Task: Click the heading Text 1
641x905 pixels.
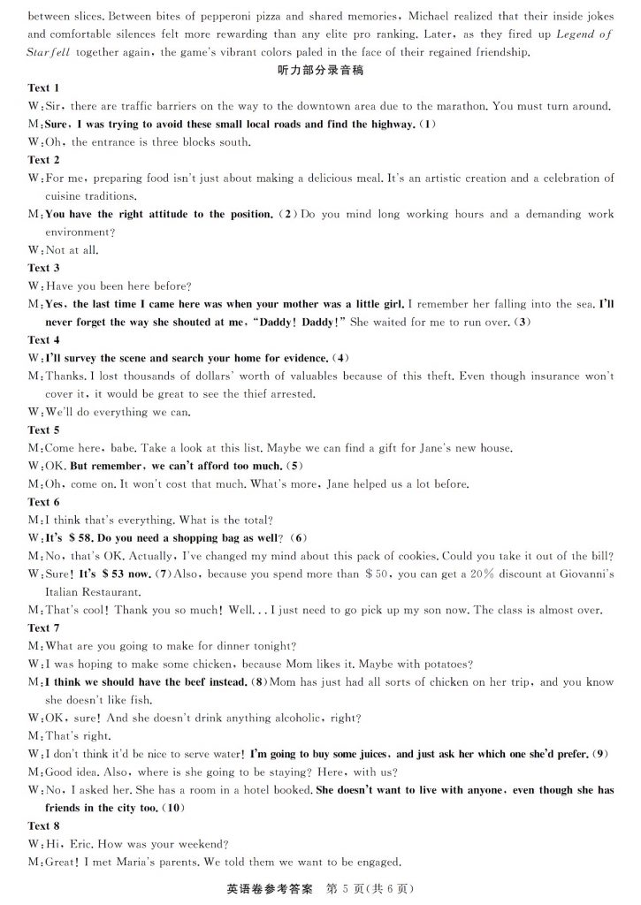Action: pyautogui.click(x=44, y=87)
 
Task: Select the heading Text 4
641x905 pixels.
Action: pyautogui.click(x=44, y=339)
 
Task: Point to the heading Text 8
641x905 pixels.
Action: pyautogui.click(x=44, y=826)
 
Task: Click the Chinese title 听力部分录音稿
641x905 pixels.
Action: pyautogui.click(x=320, y=70)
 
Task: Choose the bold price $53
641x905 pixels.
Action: pyautogui.click(x=117, y=574)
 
